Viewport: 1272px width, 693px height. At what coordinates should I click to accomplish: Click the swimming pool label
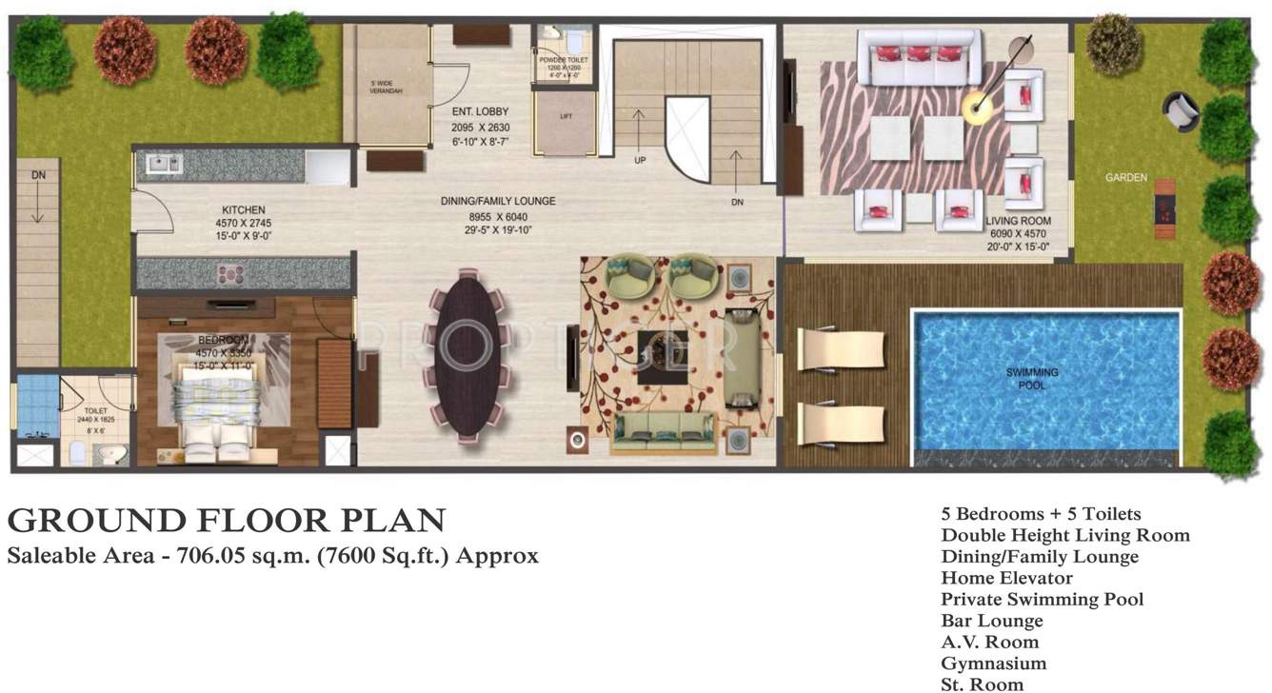(1032, 379)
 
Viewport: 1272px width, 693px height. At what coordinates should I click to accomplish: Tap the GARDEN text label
(1125, 177)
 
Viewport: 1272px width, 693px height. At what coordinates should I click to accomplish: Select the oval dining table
(467, 355)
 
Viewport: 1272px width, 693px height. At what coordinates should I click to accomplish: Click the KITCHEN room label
(244, 209)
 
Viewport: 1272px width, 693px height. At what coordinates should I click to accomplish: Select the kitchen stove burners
(231, 274)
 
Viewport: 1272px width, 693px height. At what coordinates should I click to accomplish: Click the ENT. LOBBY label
(480, 112)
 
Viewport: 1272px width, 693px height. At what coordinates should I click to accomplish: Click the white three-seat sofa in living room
(919, 55)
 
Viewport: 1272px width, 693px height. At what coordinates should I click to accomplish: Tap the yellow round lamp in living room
(977, 108)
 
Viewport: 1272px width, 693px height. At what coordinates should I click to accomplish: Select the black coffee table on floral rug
(664, 358)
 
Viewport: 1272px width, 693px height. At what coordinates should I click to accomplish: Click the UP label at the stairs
(640, 160)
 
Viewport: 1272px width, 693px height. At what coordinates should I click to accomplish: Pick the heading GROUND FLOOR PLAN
(227, 520)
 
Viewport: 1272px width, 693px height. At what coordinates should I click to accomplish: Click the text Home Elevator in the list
(1006, 578)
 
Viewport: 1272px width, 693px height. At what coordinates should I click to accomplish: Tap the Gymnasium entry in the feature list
(993, 663)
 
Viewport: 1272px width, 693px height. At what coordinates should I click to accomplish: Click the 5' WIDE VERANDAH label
(387, 87)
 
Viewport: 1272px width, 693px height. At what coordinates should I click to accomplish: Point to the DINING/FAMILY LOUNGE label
(497, 201)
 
